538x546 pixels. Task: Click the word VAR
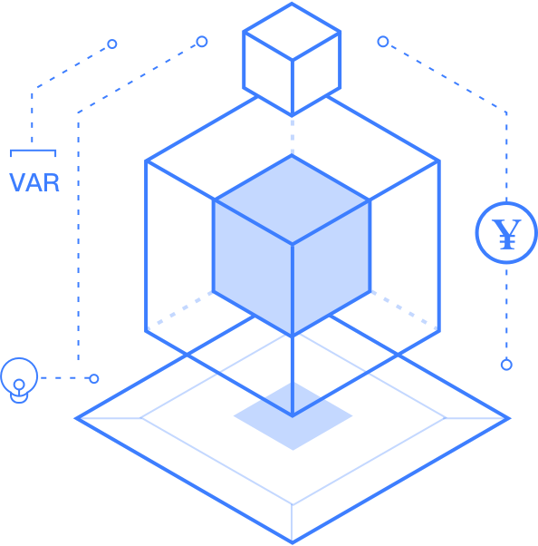pyautogui.click(x=34, y=182)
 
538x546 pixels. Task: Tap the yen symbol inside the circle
pyautogui.click(x=506, y=234)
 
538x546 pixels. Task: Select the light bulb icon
pyautogui.click(x=19, y=380)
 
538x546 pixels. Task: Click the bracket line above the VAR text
pyautogui.click(x=33, y=151)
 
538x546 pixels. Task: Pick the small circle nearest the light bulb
pyautogui.click(x=94, y=378)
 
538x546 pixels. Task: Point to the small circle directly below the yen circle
pyautogui.click(x=506, y=365)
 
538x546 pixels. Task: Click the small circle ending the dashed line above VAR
pyautogui.click(x=112, y=44)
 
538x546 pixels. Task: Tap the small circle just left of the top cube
pyautogui.click(x=202, y=42)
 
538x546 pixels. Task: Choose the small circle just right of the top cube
pyautogui.click(x=383, y=42)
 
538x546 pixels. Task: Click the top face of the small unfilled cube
pyautogui.click(x=292, y=32)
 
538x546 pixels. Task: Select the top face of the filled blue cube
pyautogui.click(x=292, y=200)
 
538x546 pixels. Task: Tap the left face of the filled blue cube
pyautogui.click(x=253, y=268)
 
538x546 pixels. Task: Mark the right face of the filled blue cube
pyautogui.click(x=331, y=268)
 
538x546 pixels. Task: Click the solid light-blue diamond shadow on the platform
pyautogui.click(x=293, y=415)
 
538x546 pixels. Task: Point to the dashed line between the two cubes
pyautogui.click(x=293, y=136)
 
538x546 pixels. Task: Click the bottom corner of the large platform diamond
pyautogui.click(x=293, y=542)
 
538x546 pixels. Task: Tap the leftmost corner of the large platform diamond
pyautogui.click(x=76, y=418)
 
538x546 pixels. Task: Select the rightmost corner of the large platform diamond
pyautogui.click(x=509, y=418)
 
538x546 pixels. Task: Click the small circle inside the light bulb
pyautogui.click(x=19, y=385)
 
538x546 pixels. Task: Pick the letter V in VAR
pyautogui.click(x=17, y=182)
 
